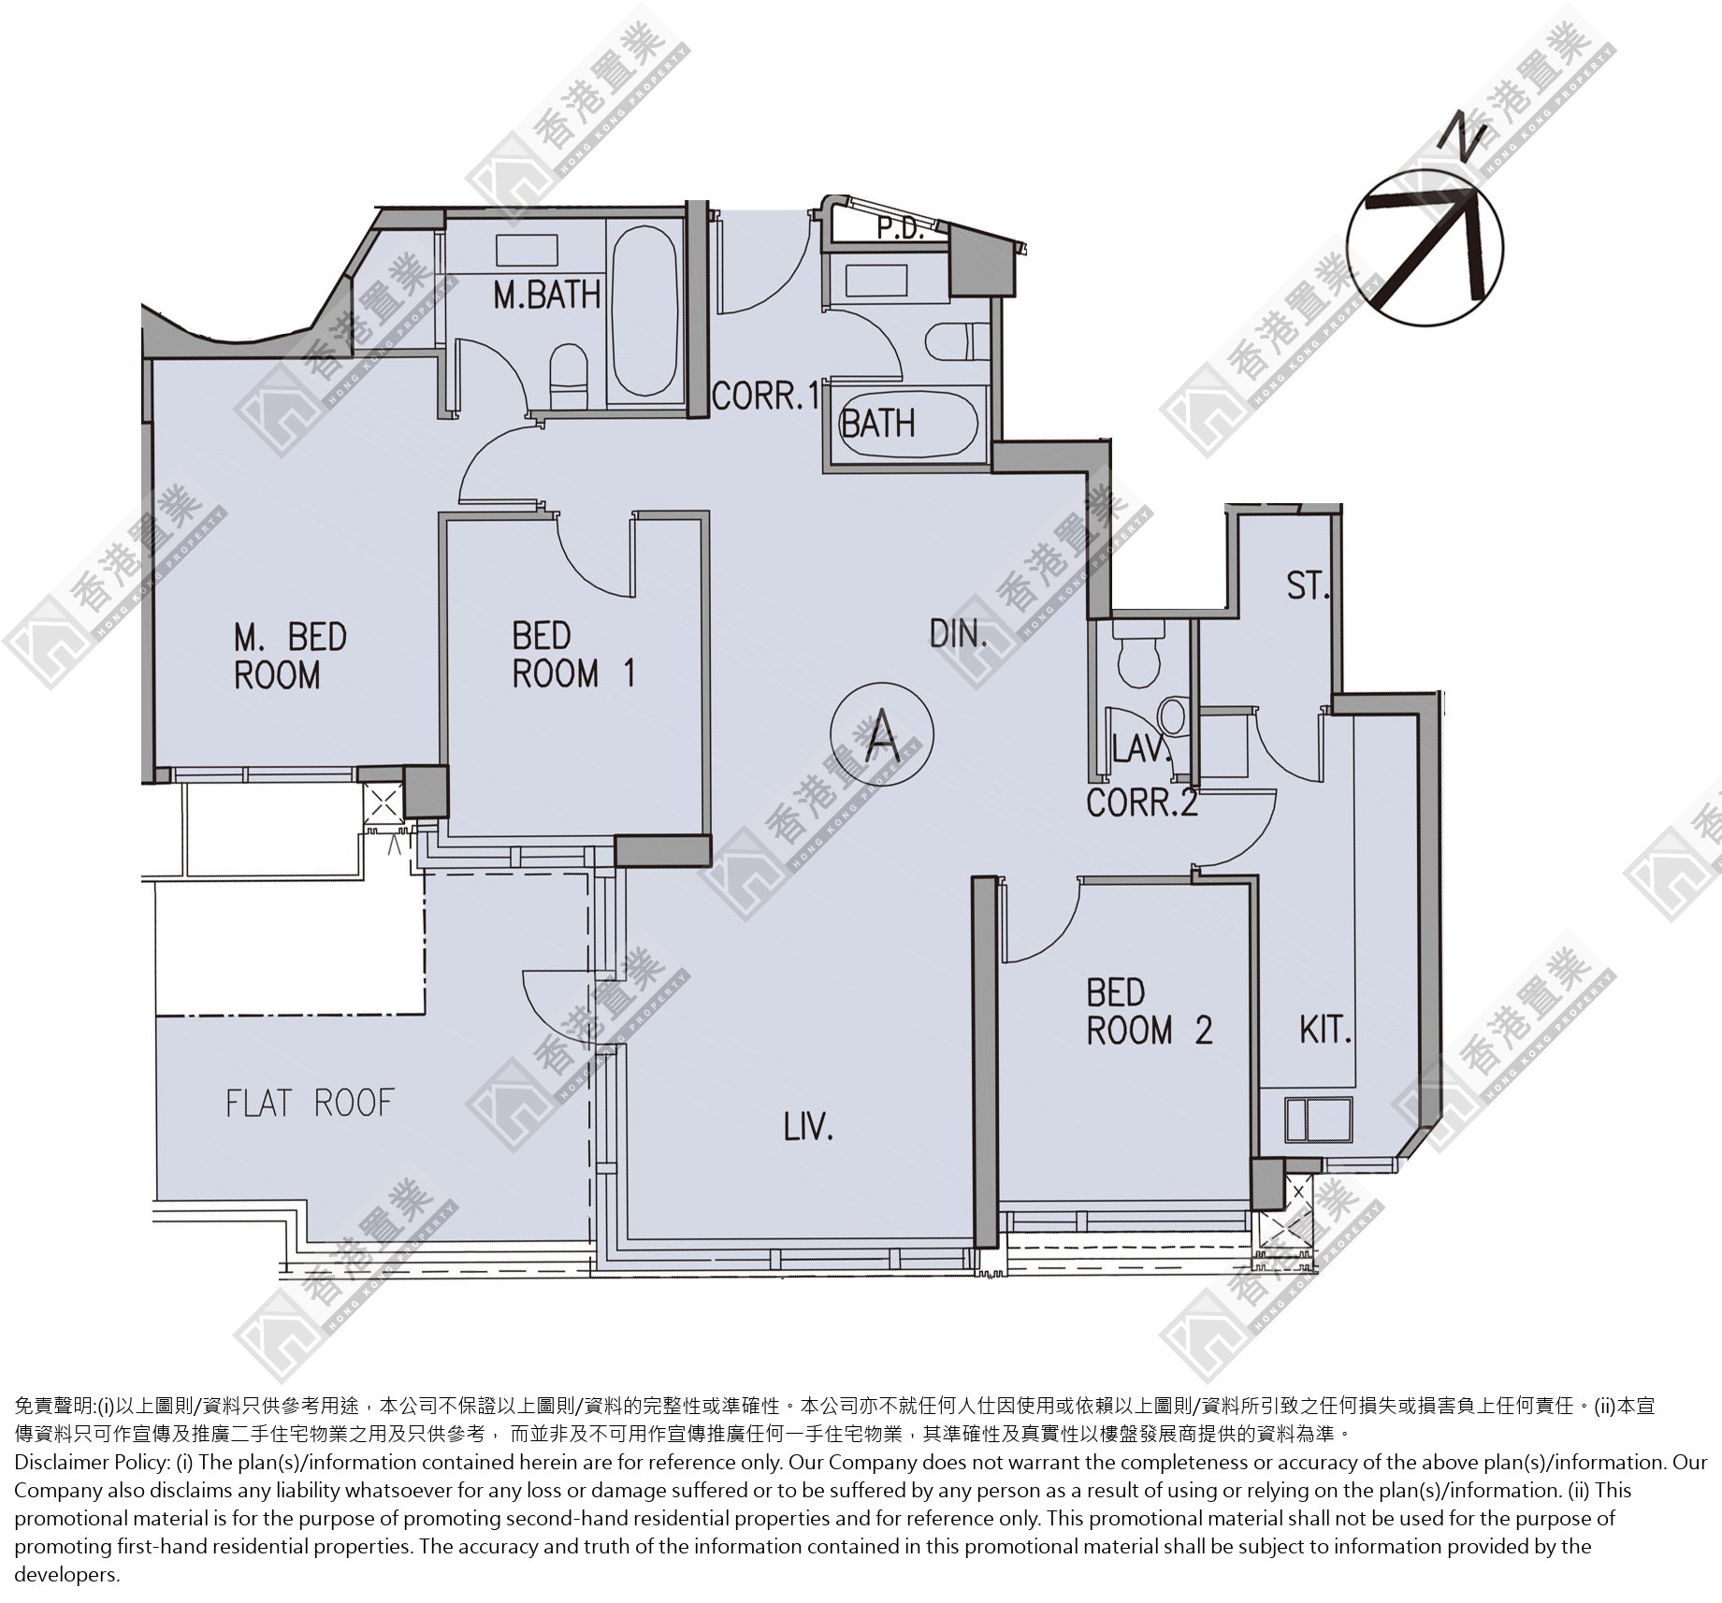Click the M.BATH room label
547,295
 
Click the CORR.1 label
765,397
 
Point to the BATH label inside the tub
878,424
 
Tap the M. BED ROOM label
290,656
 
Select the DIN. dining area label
959,635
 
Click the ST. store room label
1308,586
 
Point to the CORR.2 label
1142,802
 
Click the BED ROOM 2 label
1149,1012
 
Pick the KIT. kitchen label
1325,1031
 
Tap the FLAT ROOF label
310,1103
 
